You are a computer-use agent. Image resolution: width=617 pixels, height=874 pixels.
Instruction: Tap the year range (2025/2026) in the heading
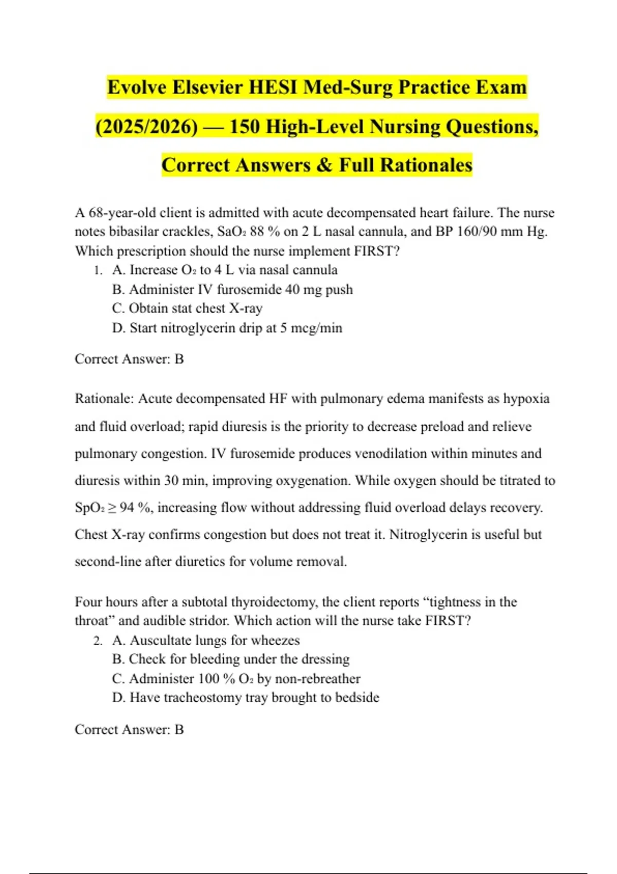147,126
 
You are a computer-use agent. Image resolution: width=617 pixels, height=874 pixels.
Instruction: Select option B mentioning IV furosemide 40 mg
232,289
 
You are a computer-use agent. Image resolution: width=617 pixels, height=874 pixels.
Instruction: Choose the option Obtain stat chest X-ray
187,308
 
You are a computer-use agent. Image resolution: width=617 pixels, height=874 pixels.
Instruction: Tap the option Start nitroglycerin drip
227,328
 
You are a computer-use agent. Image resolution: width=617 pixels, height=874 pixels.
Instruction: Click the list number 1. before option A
99,270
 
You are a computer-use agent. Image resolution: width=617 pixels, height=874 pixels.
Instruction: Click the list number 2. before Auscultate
99,641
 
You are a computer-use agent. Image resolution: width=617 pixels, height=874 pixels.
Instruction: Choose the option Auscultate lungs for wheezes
206,641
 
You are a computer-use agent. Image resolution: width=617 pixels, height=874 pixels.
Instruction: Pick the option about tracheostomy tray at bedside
245,698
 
